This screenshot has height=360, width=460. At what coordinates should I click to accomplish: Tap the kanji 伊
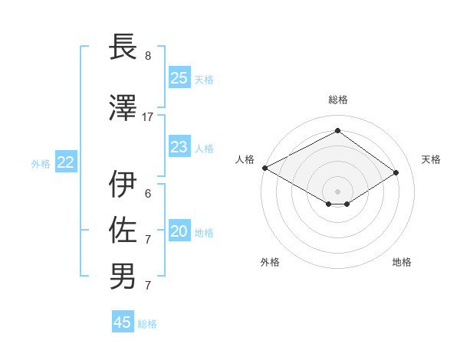pos(123,184)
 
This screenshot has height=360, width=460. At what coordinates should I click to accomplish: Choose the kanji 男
pos(123,276)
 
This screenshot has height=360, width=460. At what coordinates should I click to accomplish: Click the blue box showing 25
pos(179,78)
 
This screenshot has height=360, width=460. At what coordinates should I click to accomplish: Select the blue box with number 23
pos(179,147)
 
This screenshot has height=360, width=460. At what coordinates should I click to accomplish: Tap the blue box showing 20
pos(179,232)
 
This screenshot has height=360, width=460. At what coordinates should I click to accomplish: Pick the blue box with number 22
pos(65,162)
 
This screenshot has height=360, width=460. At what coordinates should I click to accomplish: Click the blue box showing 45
pos(123,322)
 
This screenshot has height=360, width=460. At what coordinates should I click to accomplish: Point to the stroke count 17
pos(148,117)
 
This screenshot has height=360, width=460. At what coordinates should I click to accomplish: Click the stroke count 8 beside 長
pos(148,56)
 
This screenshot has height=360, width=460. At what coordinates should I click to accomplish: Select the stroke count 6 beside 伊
pos(148,194)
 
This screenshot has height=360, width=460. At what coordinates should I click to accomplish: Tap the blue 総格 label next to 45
pos(147,324)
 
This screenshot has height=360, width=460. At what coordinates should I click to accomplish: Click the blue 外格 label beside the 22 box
pos(41,164)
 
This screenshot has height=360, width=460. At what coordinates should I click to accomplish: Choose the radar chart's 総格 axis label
pos(337,100)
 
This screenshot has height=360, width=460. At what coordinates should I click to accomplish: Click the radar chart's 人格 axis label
pos(245,159)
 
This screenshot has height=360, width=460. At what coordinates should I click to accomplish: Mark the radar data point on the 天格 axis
pos(396,173)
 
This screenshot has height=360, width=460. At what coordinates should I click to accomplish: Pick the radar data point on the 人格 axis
pos(264,168)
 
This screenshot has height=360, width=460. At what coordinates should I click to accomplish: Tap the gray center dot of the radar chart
pos(337,190)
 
